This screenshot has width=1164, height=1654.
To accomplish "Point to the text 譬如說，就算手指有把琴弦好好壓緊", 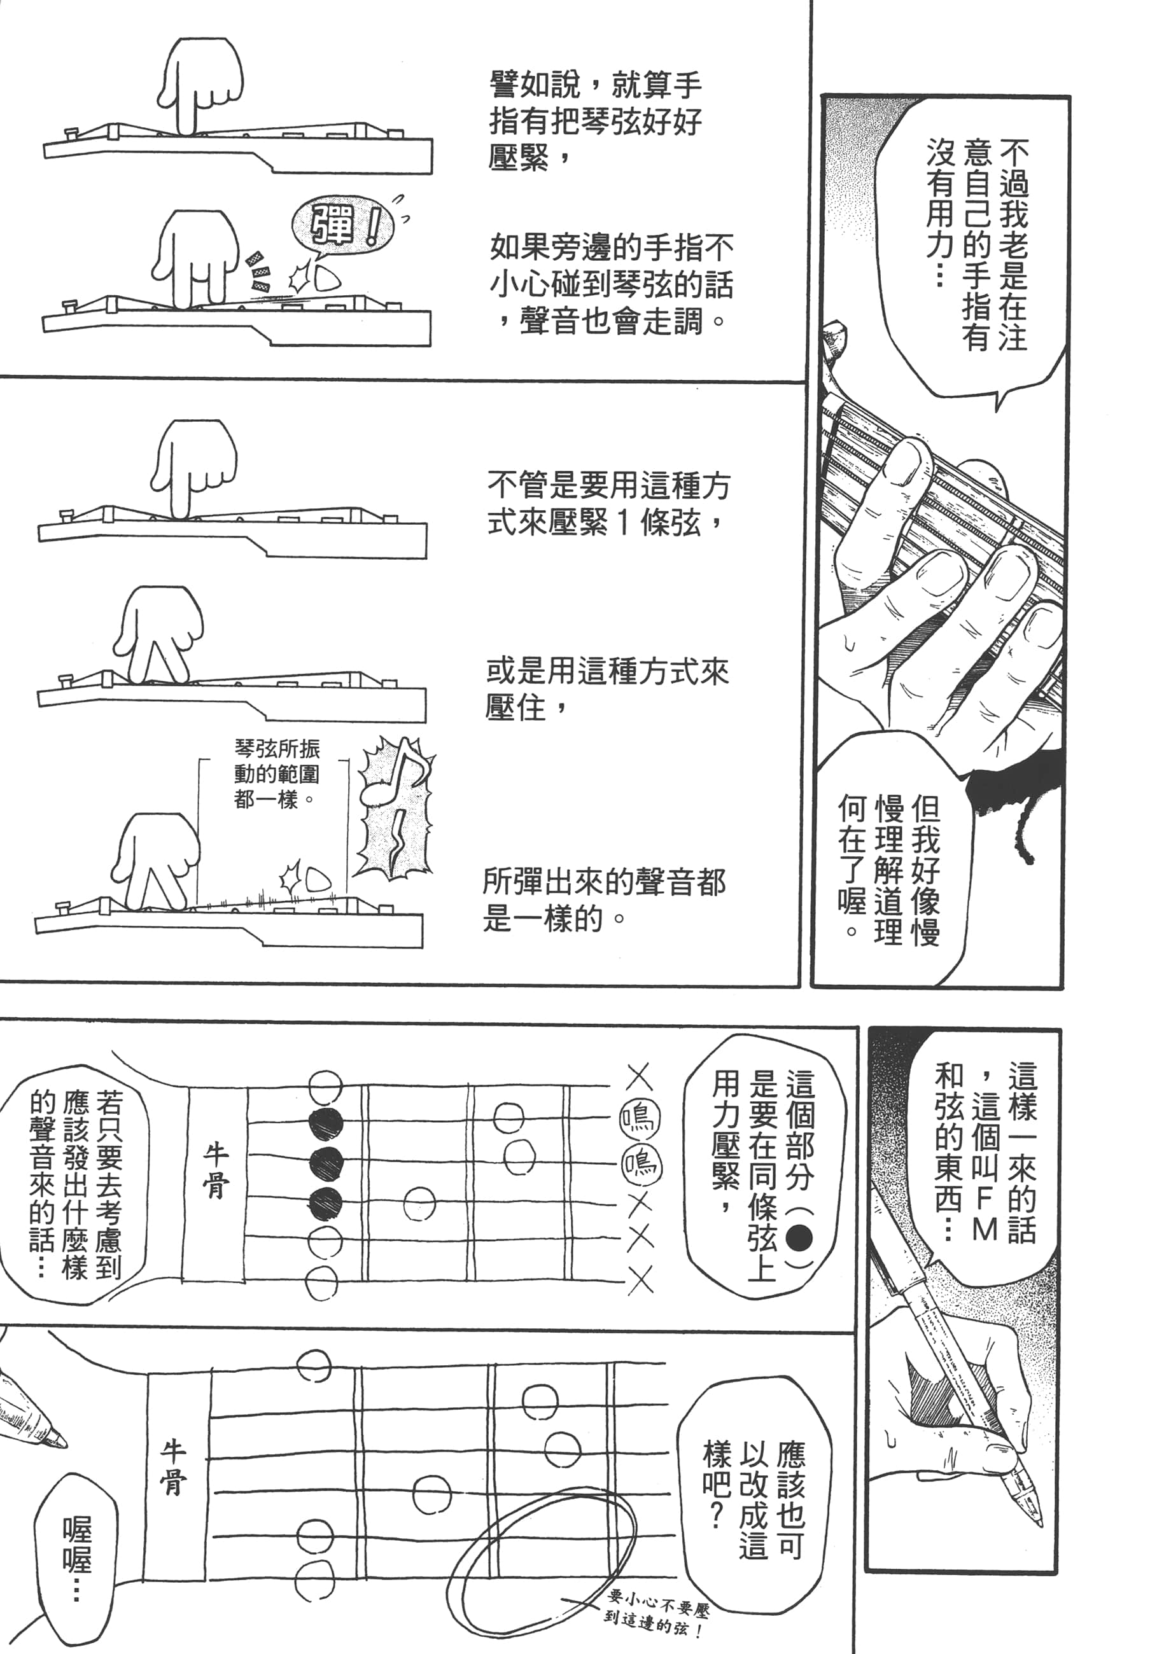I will [595, 120].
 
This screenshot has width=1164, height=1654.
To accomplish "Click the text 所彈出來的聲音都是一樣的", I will [604, 900].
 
